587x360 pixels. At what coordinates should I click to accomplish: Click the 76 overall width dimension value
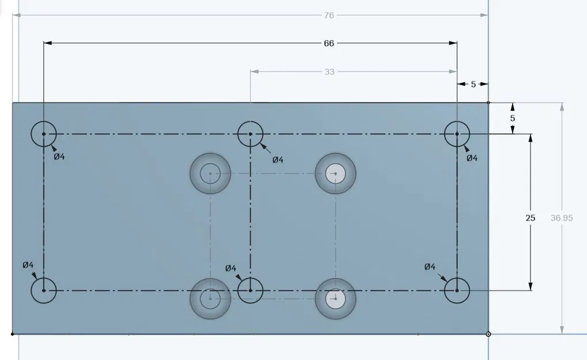click(329, 15)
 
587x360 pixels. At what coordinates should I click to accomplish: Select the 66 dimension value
click(329, 43)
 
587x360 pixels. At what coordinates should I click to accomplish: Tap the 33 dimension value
click(329, 72)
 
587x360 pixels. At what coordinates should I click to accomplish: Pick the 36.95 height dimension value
click(562, 218)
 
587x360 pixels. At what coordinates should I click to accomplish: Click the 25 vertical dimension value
click(530, 218)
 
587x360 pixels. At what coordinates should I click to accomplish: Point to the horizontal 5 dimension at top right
click(474, 84)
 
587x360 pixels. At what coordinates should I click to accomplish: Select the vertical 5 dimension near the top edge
click(513, 118)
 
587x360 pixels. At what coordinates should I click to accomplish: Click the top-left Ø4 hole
click(44, 134)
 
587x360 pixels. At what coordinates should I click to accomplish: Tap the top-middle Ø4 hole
click(251, 134)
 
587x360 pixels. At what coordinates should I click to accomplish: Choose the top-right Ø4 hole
click(457, 134)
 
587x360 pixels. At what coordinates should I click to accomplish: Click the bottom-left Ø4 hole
click(44, 290)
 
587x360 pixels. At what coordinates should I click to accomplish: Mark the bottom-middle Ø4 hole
click(251, 290)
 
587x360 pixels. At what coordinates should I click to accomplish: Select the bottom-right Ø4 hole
click(457, 290)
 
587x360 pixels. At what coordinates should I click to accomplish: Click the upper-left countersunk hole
click(210, 173)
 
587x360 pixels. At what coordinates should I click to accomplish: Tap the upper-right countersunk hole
click(335, 173)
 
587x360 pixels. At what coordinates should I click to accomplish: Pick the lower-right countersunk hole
click(335, 298)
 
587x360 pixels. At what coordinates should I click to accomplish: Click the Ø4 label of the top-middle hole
click(278, 160)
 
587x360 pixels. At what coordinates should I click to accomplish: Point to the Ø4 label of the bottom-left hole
click(28, 265)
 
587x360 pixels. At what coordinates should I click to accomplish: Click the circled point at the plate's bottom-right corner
click(488, 334)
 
